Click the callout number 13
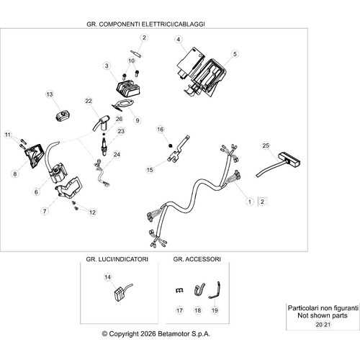point(50,94)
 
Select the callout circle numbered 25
point(266,145)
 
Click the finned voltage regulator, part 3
point(128,89)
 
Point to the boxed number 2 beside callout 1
point(262,202)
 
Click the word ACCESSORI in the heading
point(203,259)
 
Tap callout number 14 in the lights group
point(108,277)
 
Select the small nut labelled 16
point(171,145)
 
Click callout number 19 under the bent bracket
point(215,310)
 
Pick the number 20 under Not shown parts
point(319,325)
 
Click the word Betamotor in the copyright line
point(174,334)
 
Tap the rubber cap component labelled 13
point(62,115)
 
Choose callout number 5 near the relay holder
point(235,54)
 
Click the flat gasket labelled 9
point(121,105)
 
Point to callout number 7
point(45,212)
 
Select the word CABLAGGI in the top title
point(189,24)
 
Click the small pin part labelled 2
point(136,53)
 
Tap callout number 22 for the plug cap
point(89,101)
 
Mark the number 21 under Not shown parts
point(328,325)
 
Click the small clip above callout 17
point(179,290)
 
